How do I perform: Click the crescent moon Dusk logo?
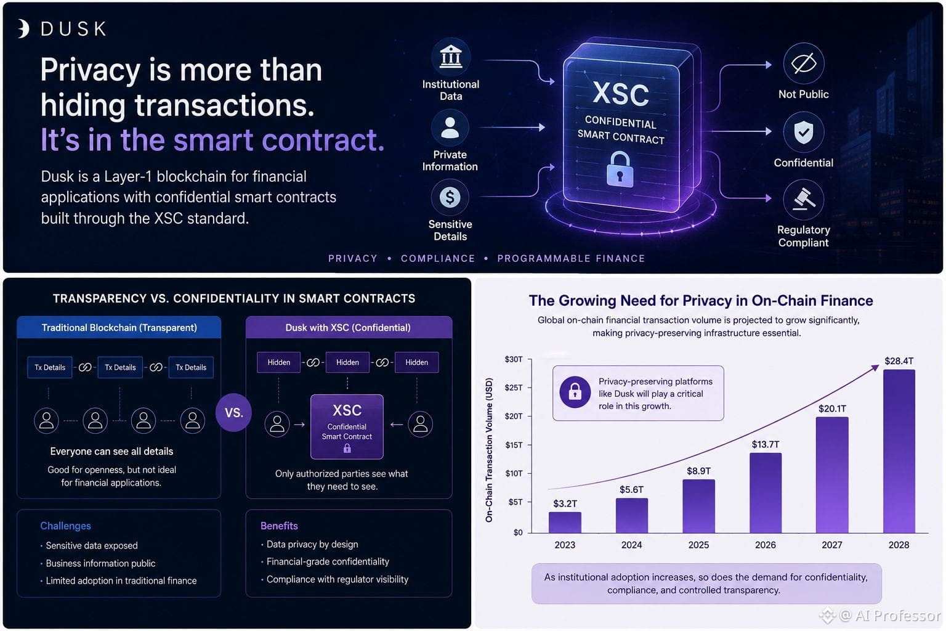click(x=23, y=29)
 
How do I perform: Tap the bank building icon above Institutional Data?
click(x=451, y=57)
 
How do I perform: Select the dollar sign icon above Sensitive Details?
click(x=450, y=197)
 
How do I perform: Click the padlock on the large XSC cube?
click(x=620, y=170)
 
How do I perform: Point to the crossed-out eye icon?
click(x=803, y=63)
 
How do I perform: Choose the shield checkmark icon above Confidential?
click(x=803, y=132)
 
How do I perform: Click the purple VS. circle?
click(x=233, y=412)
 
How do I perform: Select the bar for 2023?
click(x=565, y=523)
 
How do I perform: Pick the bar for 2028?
click(x=899, y=452)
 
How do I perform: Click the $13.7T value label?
click(x=766, y=444)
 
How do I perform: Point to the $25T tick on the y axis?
click(x=514, y=388)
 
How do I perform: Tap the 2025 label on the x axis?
click(x=698, y=545)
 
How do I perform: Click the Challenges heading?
click(x=65, y=526)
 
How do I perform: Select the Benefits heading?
click(x=279, y=526)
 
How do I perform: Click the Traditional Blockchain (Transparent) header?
click(x=119, y=328)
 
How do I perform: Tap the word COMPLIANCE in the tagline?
click(x=438, y=258)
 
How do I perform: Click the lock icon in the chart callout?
click(x=575, y=392)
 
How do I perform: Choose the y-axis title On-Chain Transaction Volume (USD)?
click(x=489, y=450)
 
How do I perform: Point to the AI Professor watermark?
click(x=881, y=616)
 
